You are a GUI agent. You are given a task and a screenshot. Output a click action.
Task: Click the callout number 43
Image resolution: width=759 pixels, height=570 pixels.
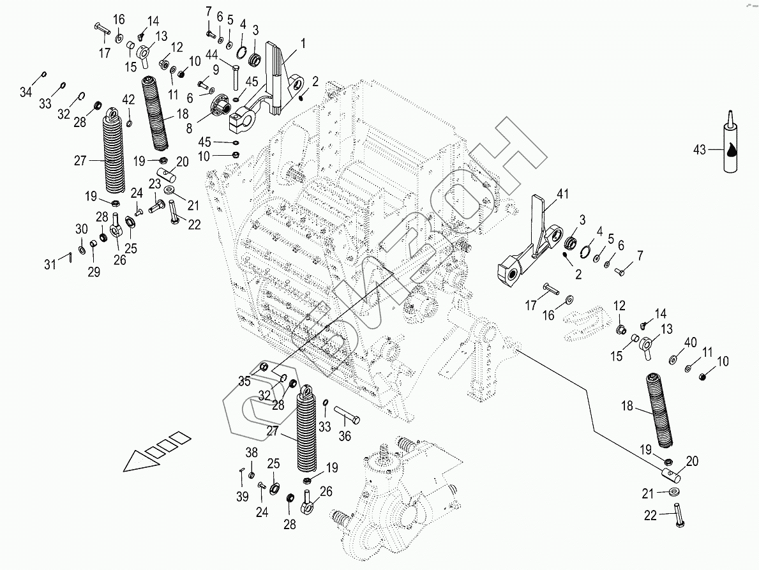700,150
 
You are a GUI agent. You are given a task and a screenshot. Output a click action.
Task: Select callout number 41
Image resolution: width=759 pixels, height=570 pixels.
562,194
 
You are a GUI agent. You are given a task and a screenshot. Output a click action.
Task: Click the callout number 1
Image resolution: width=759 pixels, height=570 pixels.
303,43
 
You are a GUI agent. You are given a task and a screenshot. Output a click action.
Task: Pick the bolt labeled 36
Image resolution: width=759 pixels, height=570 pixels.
347,416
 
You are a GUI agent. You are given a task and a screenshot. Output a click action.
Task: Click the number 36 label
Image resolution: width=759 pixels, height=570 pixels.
344,436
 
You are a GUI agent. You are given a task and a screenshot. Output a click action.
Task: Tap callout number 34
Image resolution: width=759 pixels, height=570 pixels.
26,91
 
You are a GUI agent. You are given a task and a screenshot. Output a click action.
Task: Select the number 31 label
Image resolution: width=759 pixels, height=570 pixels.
50,264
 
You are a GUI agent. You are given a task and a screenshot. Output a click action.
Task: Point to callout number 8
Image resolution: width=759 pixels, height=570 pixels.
189,128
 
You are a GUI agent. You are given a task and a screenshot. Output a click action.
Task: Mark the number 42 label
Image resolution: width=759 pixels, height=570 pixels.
128,100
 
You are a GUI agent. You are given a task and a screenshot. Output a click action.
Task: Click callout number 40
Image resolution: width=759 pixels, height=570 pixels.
690,342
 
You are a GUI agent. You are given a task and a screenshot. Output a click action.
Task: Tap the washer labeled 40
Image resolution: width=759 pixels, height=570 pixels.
673,359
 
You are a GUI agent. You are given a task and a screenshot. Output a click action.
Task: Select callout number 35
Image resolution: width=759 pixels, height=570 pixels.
244,381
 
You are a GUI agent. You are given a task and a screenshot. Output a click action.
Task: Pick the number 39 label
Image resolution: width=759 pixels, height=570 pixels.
242,497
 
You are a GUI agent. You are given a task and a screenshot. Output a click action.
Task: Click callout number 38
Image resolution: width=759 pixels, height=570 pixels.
252,453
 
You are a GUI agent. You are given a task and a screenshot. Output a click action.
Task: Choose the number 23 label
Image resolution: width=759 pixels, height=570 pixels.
154,183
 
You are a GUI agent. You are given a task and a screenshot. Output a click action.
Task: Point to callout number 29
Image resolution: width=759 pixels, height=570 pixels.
94,272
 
